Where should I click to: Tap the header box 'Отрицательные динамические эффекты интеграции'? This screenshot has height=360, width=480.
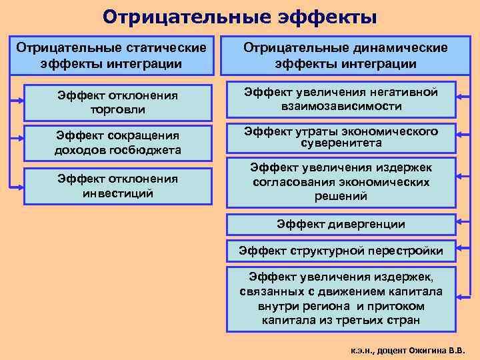(345, 56)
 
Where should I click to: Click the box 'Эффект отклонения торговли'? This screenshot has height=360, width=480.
(117, 103)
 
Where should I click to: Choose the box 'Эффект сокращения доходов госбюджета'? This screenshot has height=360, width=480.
(117, 142)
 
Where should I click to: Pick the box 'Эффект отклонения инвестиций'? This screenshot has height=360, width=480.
(117, 186)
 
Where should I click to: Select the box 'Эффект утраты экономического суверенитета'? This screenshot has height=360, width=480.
(341, 137)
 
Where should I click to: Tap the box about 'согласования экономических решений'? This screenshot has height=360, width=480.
(341, 182)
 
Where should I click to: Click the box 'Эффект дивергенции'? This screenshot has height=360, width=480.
(341, 224)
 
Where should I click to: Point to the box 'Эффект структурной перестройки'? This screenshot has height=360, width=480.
(341, 251)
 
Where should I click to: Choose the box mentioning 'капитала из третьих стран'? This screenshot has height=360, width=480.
(341, 298)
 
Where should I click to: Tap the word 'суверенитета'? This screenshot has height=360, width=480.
(341, 143)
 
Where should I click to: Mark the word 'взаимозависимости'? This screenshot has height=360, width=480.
(341, 106)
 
